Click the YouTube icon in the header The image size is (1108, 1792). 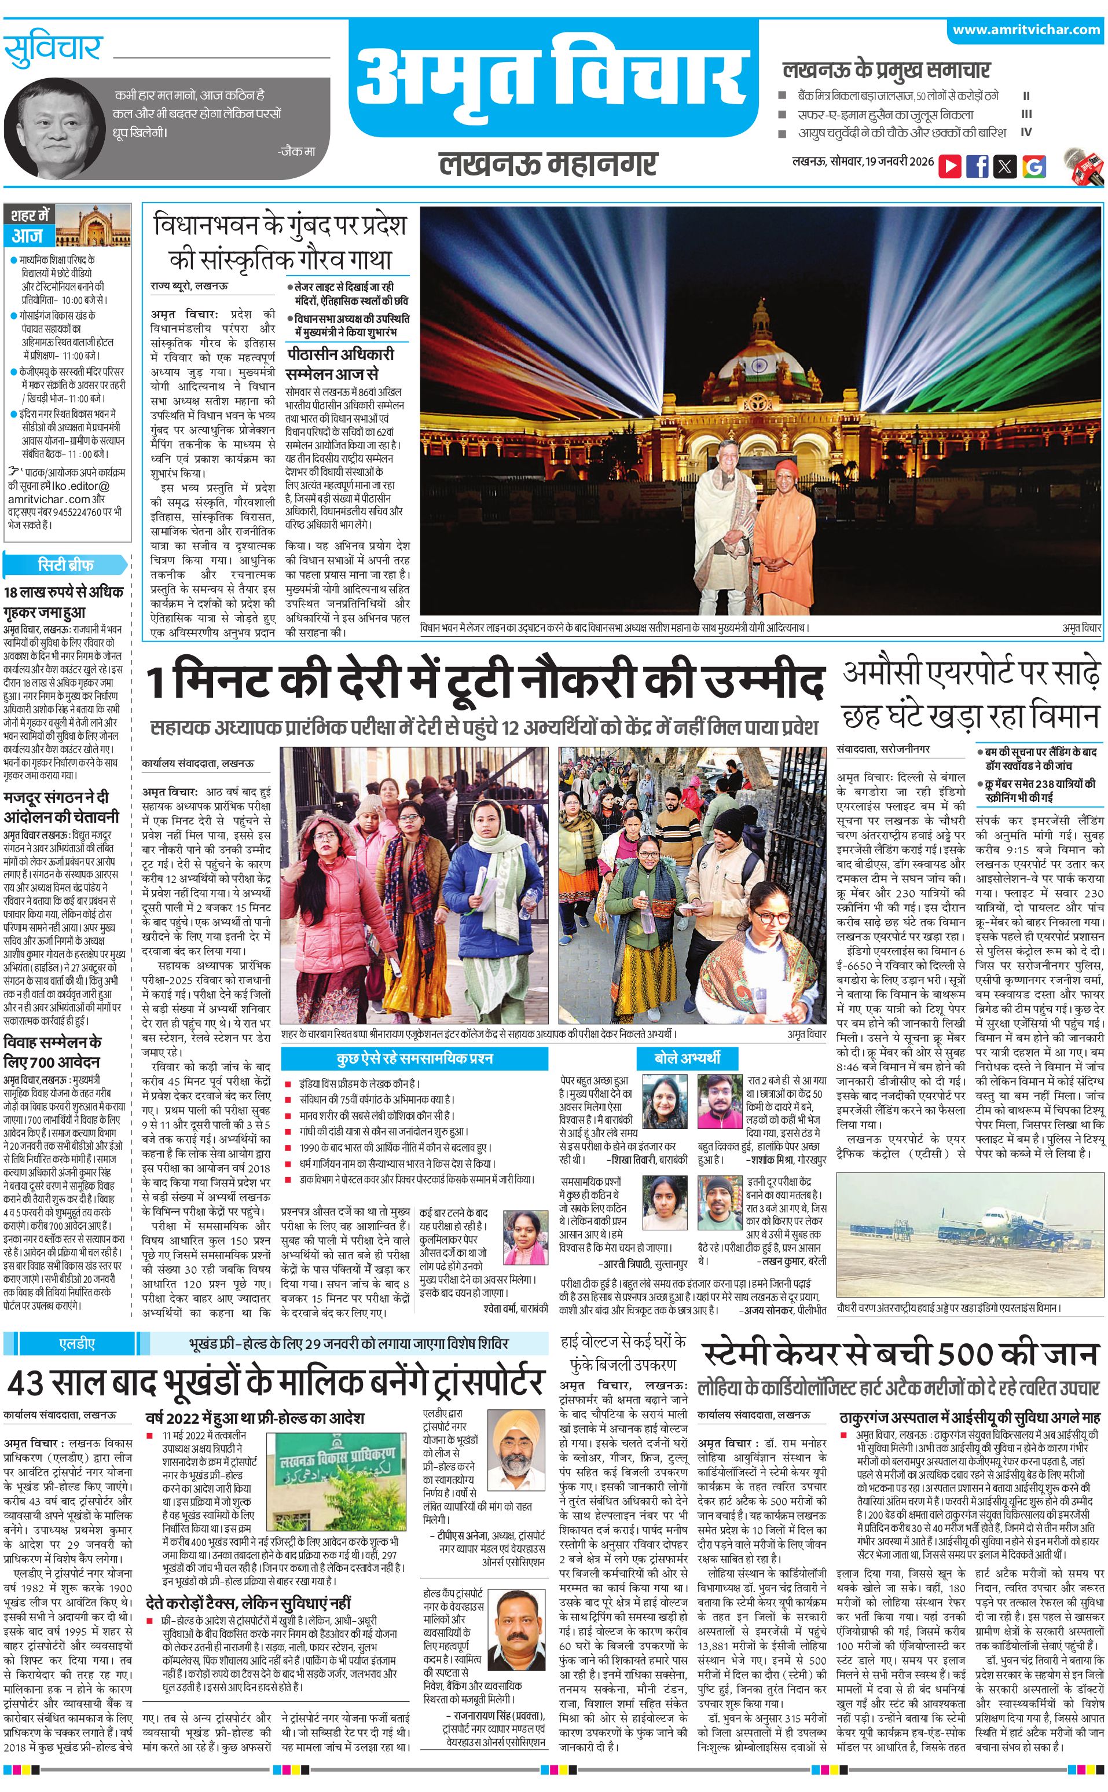(x=950, y=166)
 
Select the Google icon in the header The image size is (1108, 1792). (x=1034, y=166)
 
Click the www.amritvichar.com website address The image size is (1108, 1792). (x=1026, y=30)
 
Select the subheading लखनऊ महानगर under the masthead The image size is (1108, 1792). (x=548, y=163)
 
